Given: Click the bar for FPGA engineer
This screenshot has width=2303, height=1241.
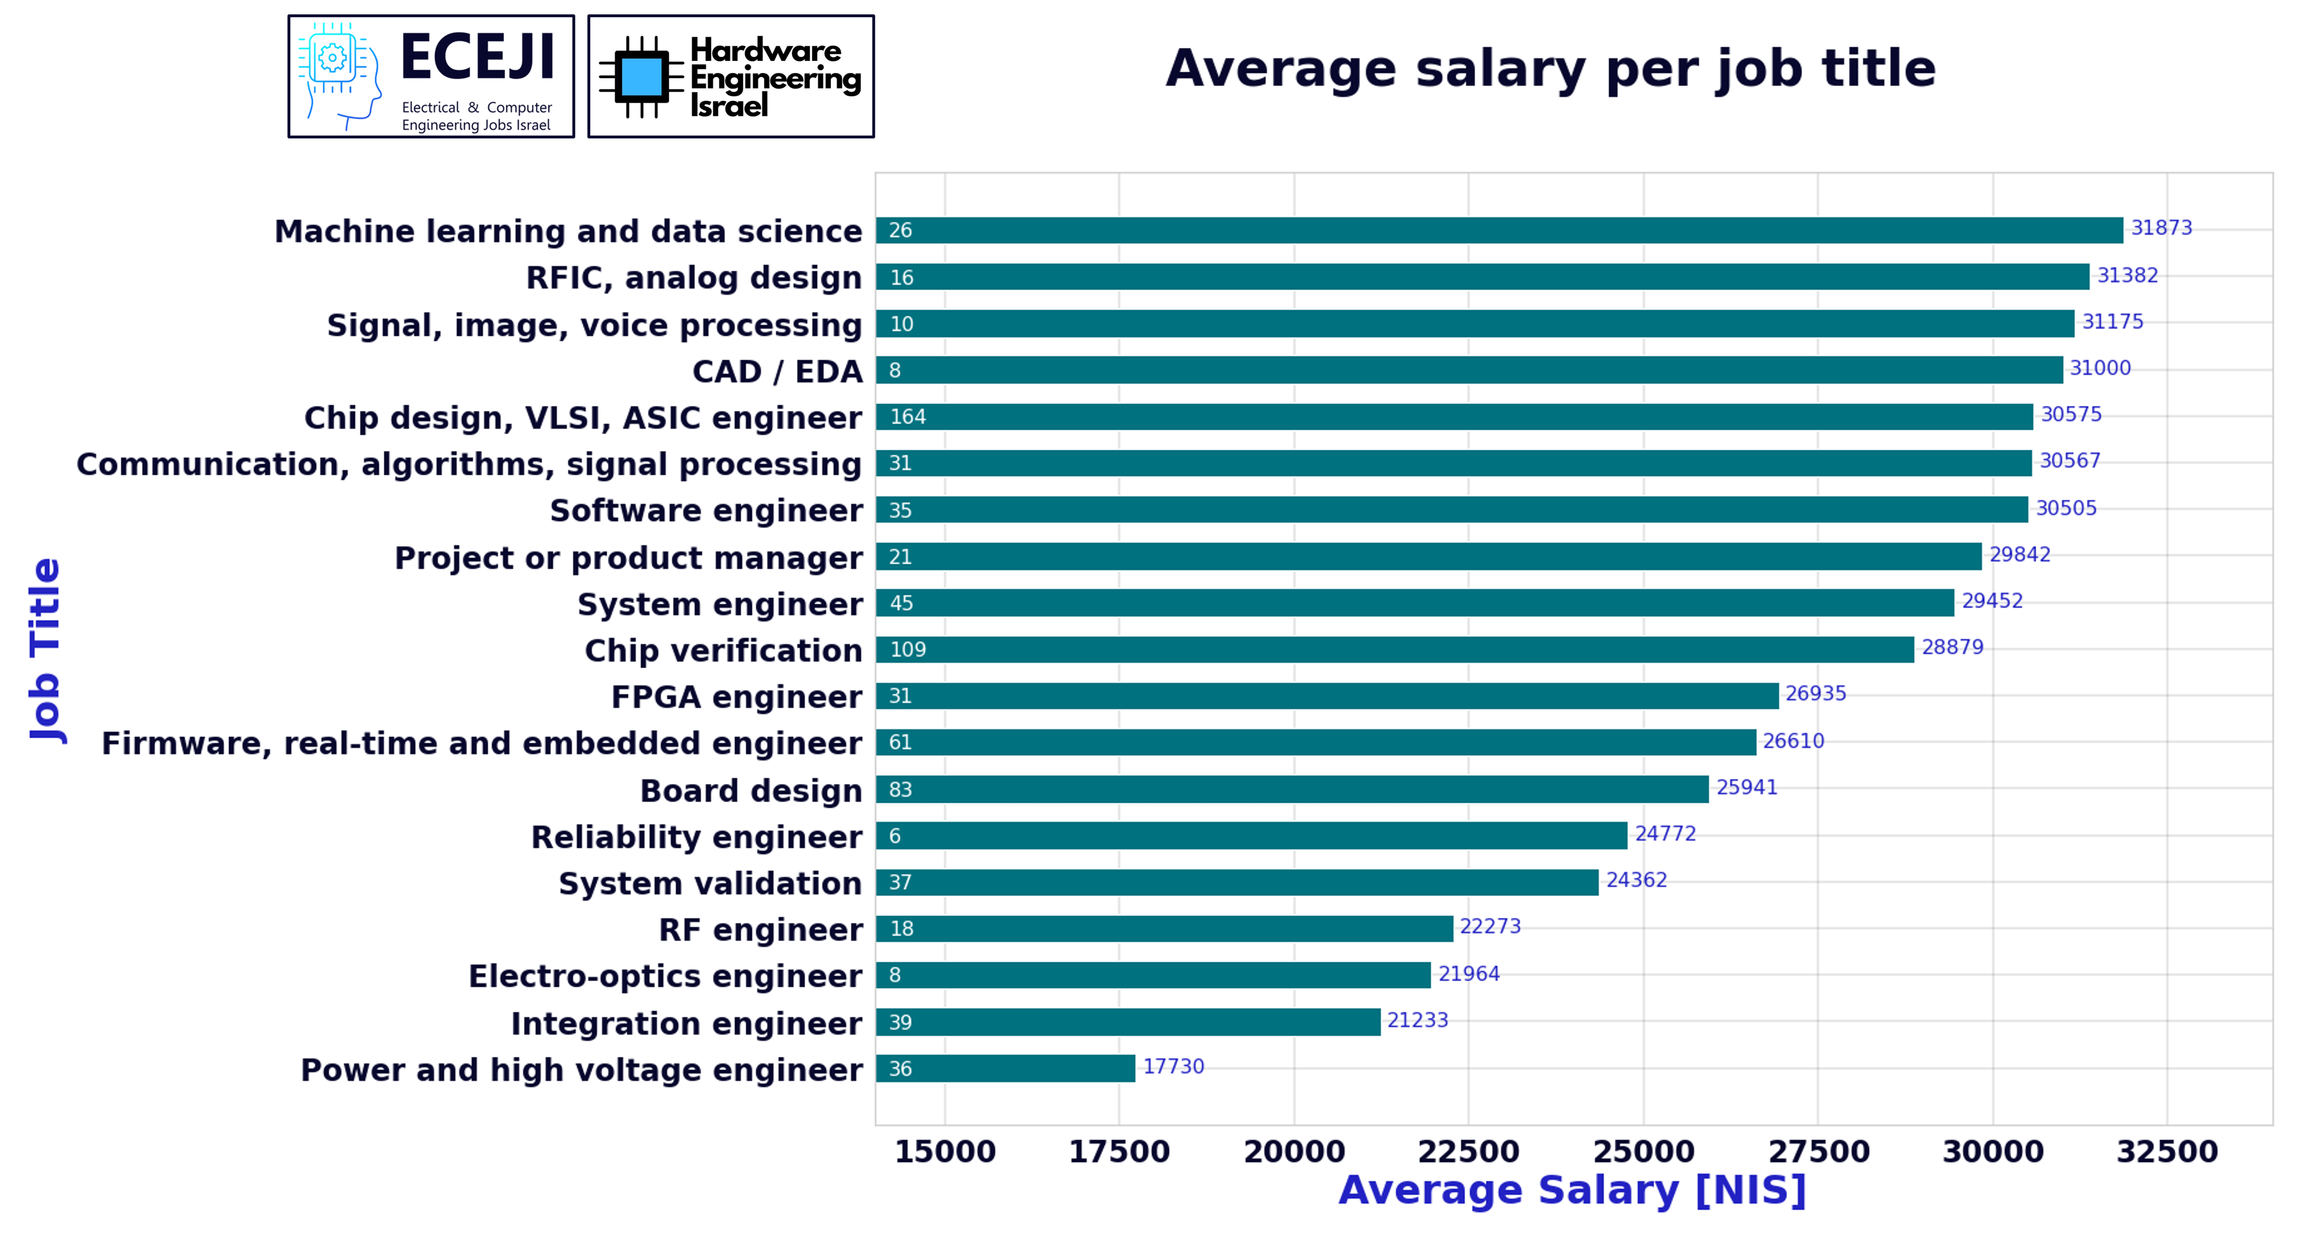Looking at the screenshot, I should tap(1327, 695).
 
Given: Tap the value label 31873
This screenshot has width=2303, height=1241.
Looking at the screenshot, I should tap(2161, 228).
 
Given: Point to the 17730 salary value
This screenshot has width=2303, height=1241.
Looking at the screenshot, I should tap(1173, 1067).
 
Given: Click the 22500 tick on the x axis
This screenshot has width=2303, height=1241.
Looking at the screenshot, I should tap(1468, 1152).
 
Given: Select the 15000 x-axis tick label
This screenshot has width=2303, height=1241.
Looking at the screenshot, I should tap(945, 1152).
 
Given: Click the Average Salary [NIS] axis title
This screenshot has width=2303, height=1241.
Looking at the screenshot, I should tap(1571, 1191).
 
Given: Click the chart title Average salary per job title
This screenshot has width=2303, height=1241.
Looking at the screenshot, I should tap(1550, 69).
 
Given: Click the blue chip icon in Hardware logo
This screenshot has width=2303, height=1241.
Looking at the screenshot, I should tap(640, 77).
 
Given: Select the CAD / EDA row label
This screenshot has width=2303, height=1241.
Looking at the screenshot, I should tap(777, 371).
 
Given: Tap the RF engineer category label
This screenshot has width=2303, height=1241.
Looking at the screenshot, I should tap(761, 930).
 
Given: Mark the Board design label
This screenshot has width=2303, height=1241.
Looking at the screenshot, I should tap(751, 791).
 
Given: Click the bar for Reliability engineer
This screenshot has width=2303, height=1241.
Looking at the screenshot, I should tap(1251, 836).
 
